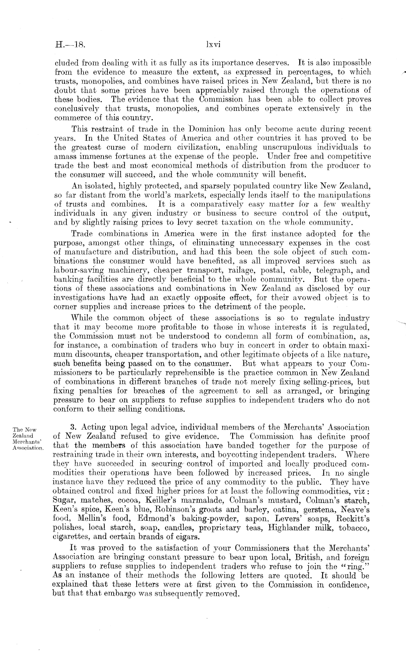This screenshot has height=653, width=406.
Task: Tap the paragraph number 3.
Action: click(73, 427)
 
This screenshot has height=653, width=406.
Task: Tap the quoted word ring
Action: click(358, 567)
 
